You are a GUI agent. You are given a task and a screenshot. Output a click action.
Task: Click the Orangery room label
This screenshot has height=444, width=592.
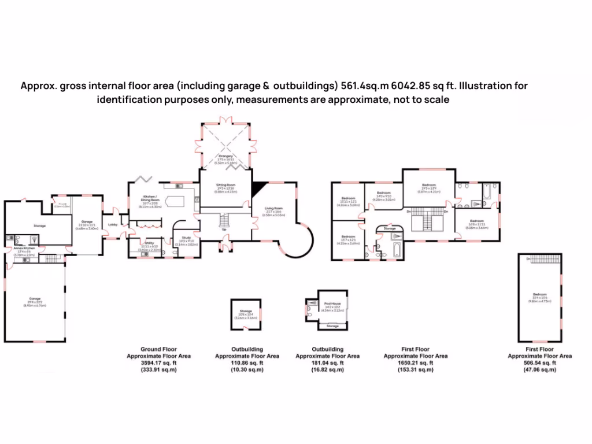[x=225, y=156]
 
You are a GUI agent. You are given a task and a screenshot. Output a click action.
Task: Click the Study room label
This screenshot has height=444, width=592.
[x=186, y=237]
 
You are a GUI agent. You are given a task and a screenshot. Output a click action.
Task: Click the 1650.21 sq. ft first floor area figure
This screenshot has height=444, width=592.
[x=416, y=362]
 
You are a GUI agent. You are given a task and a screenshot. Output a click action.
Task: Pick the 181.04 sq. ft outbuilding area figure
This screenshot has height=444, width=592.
[x=328, y=362]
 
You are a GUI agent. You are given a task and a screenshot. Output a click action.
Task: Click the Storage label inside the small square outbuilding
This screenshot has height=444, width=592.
[x=246, y=312]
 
